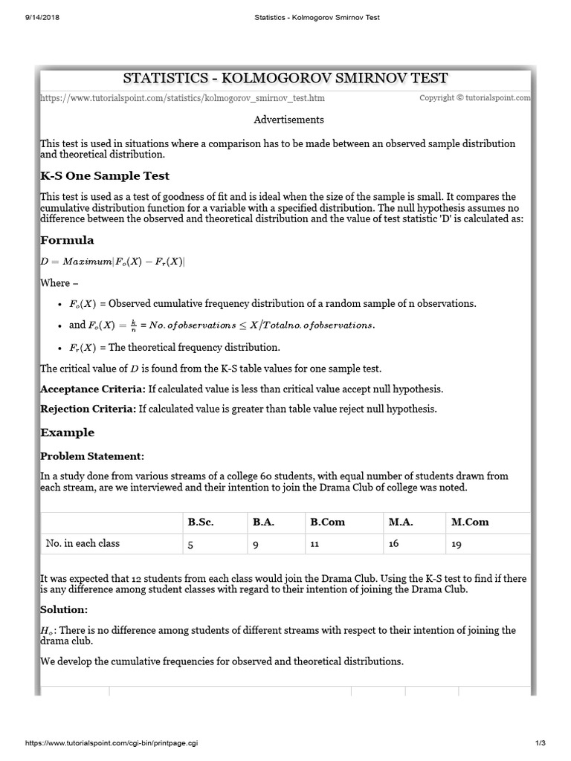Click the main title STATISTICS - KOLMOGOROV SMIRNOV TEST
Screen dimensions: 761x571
285,78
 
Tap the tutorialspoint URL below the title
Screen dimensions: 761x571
182,98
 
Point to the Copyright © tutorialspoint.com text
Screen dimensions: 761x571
474,98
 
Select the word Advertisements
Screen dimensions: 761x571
289,120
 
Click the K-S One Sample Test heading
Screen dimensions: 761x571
105,176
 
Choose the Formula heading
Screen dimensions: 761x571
67,240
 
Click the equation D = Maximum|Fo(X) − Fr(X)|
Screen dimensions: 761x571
112,262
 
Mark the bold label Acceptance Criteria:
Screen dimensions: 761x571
93,389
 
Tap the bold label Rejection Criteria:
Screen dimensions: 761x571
88,409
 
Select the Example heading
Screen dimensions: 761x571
68,433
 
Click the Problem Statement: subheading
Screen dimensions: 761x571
92,456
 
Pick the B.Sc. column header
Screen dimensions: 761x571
201,522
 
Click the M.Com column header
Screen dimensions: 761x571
470,522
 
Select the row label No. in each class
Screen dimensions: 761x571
83,543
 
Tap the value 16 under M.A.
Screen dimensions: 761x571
393,543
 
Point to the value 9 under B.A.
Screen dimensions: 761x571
255,544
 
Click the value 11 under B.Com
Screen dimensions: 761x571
314,544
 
